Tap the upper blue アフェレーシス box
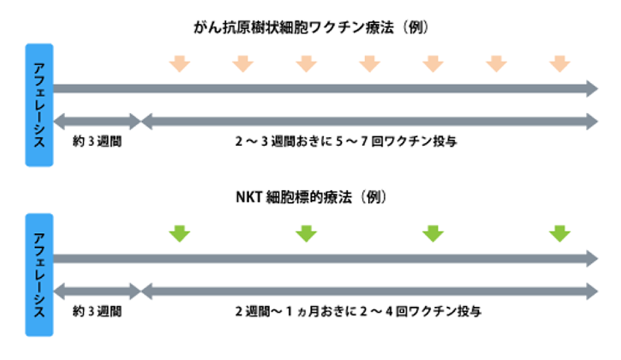click(39, 104)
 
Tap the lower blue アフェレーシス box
click(39, 275)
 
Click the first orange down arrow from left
click(179, 63)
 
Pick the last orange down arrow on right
click(560, 63)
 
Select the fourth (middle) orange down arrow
click(369, 63)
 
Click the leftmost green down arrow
click(179, 233)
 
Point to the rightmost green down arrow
click(560, 233)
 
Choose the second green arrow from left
click(306, 233)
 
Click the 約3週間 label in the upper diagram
click(97, 141)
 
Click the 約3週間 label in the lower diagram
click(97, 311)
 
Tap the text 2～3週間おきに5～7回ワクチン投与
click(346, 141)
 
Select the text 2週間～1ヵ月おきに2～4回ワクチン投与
click(358, 311)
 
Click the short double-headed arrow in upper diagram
click(97, 121)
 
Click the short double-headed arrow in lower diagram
click(97, 291)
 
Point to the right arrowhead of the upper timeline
click(591, 89)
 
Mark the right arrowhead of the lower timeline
click(591, 259)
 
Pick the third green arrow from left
click(432, 233)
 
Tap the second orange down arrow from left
click(242, 63)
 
